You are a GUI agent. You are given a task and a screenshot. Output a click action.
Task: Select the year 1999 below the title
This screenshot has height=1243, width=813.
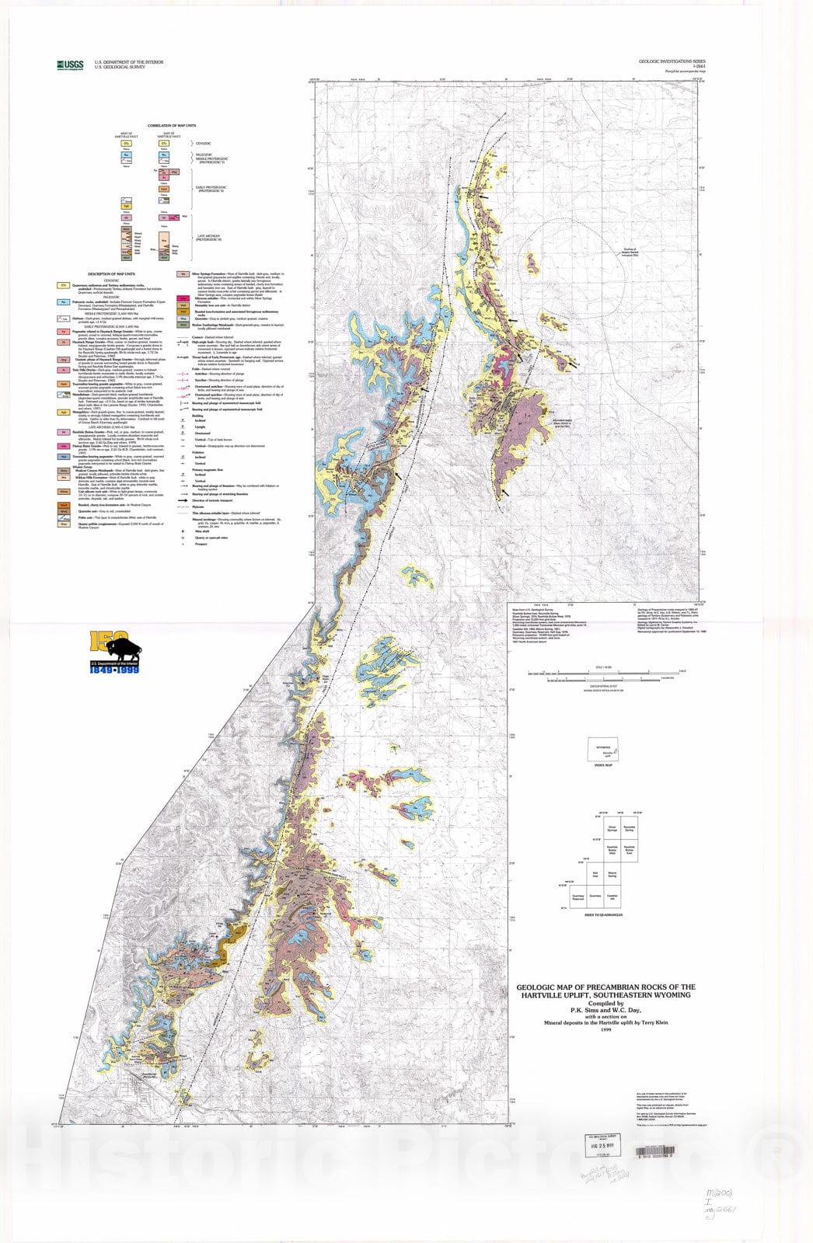pos(606,1030)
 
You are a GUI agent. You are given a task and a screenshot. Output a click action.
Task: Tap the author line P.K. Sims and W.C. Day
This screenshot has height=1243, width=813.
pos(606,1011)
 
